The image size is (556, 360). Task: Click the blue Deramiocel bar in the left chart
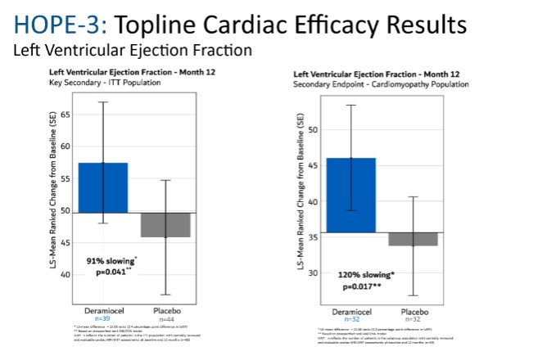(x=103, y=187)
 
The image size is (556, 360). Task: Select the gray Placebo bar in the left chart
(x=165, y=224)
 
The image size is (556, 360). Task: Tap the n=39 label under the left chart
(x=103, y=318)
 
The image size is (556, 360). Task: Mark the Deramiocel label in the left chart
(x=103, y=311)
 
